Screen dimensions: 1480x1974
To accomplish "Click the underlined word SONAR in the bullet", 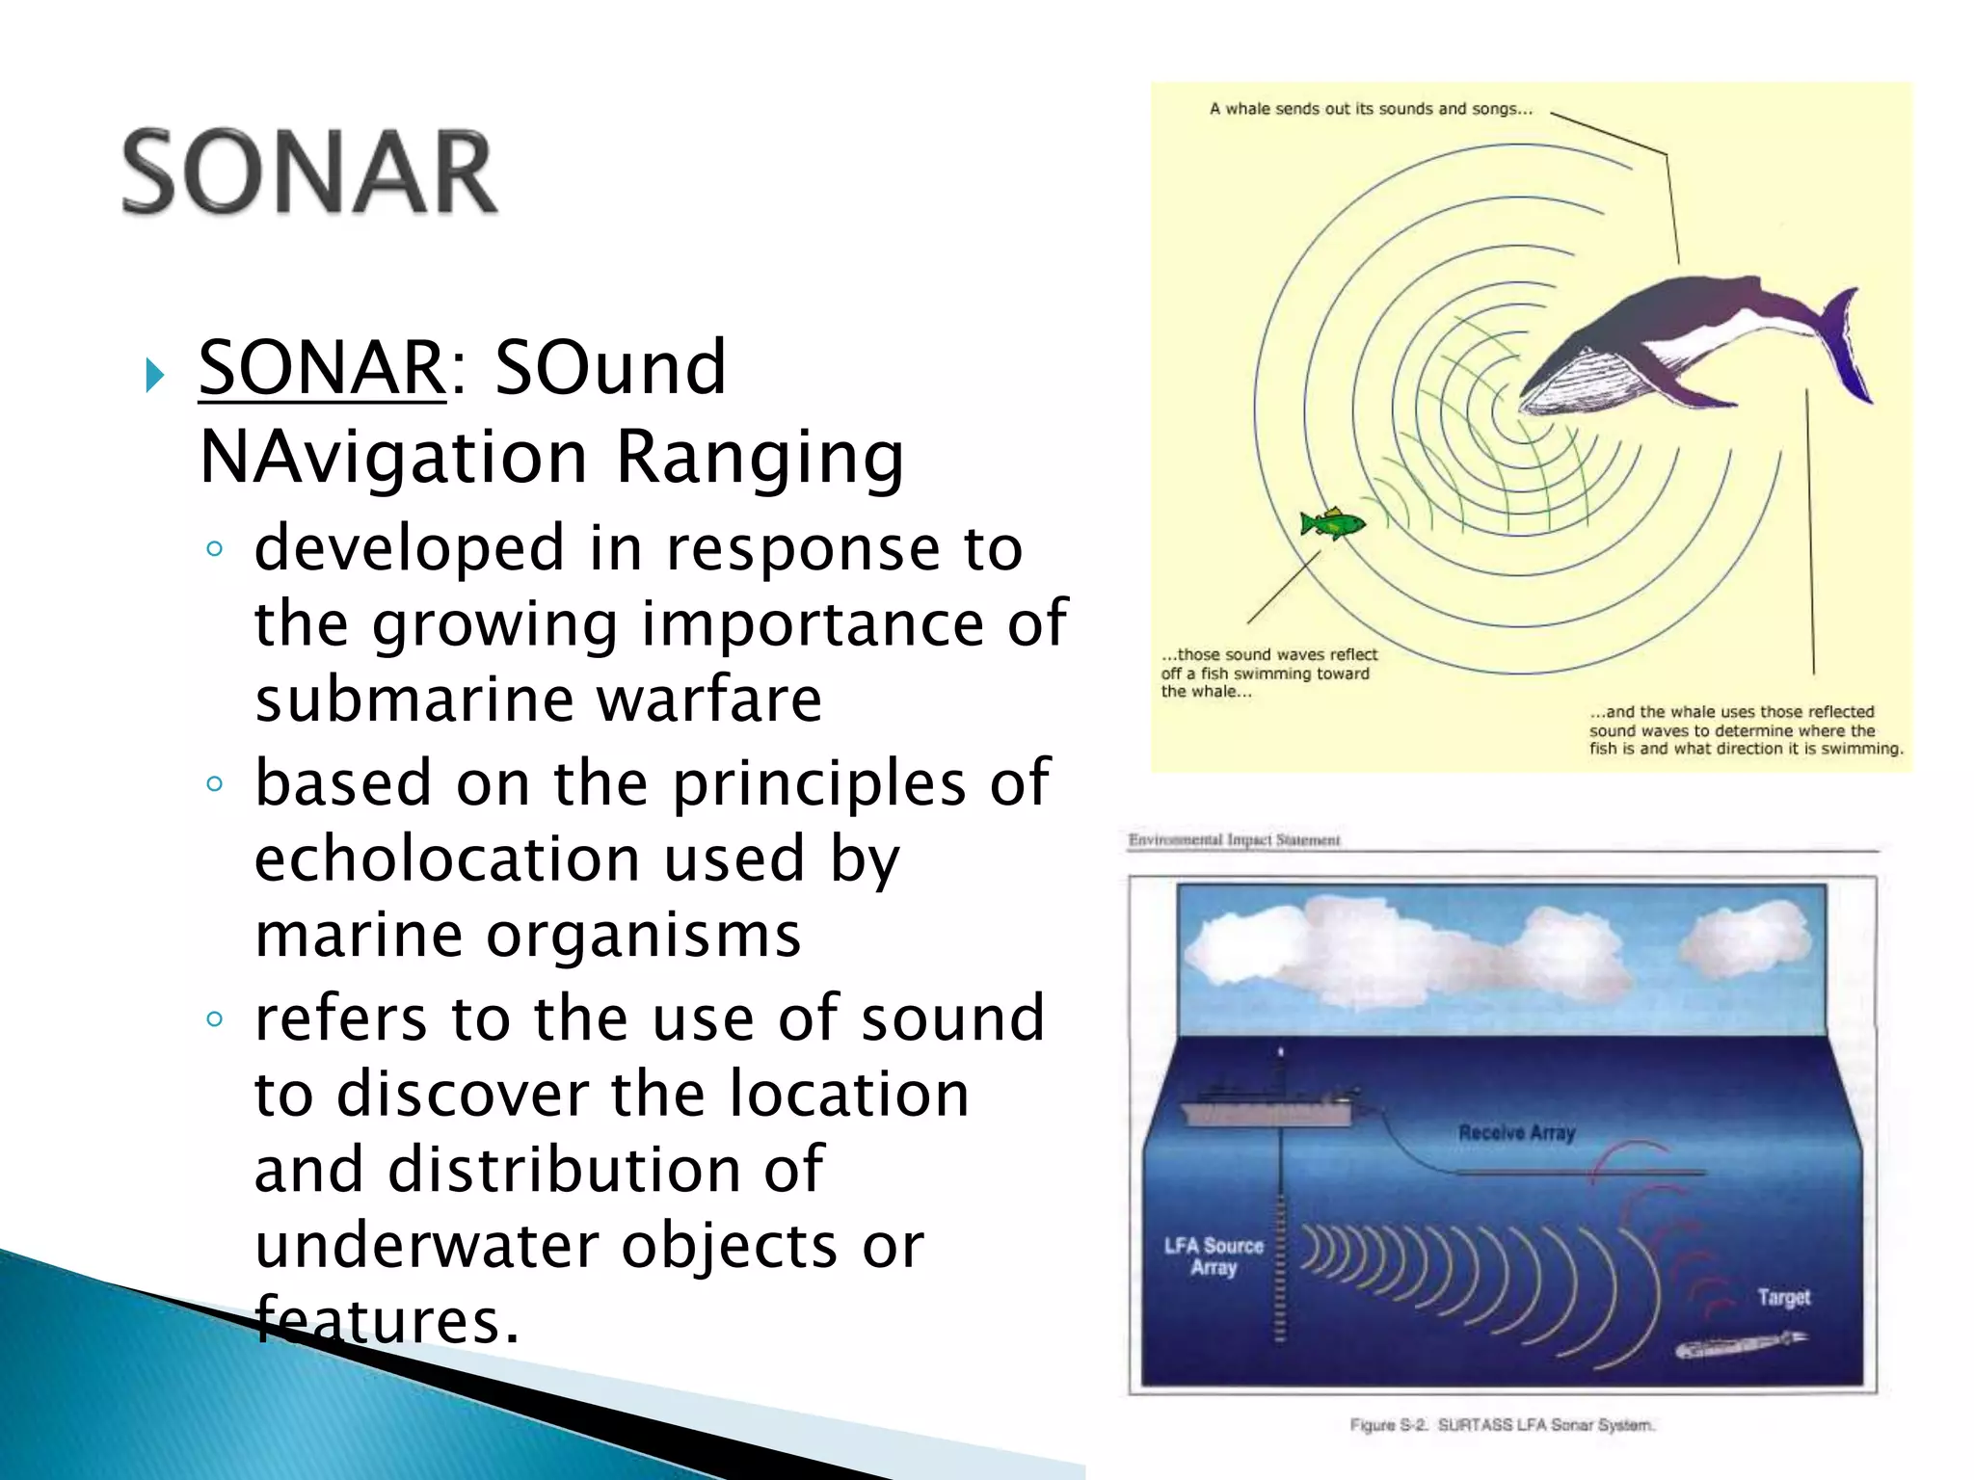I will coord(322,368).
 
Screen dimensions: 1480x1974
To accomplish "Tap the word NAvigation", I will coord(393,457).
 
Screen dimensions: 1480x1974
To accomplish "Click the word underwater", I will coord(424,1246).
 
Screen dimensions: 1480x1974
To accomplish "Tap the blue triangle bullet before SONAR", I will coord(154,374).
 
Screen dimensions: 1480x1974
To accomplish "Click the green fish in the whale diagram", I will coord(1333,523).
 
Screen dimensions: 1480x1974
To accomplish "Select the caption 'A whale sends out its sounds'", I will coord(1370,109).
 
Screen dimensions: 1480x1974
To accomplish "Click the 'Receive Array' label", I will coord(1516,1133).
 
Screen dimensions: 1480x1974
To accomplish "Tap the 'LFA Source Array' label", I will coord(1213,1256).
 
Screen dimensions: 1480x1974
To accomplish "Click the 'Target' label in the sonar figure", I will coord(1783,1297).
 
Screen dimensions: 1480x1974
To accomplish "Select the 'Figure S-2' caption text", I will coord(1501,1424).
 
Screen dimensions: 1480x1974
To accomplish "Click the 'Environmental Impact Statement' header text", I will coord(1234,840).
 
